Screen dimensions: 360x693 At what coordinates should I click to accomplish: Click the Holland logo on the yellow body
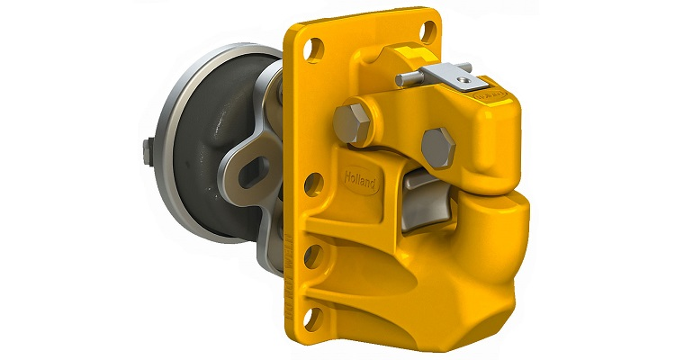(x=363, y=180)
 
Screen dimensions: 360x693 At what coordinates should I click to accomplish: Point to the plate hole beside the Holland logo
(x=313, y=184)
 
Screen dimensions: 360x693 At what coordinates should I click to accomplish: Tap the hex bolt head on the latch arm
(x=438, y=147)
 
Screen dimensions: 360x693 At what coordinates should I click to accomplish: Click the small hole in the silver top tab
(x=463, y=83)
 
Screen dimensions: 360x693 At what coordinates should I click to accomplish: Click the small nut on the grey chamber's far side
(x=146, y=153)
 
